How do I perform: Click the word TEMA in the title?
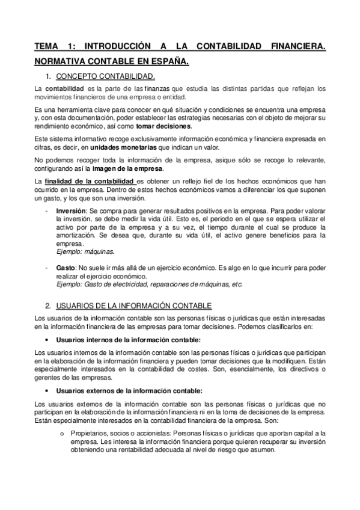point(47,46)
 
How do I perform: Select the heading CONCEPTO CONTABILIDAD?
point(105,76)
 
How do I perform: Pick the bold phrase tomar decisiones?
point(163,126)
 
